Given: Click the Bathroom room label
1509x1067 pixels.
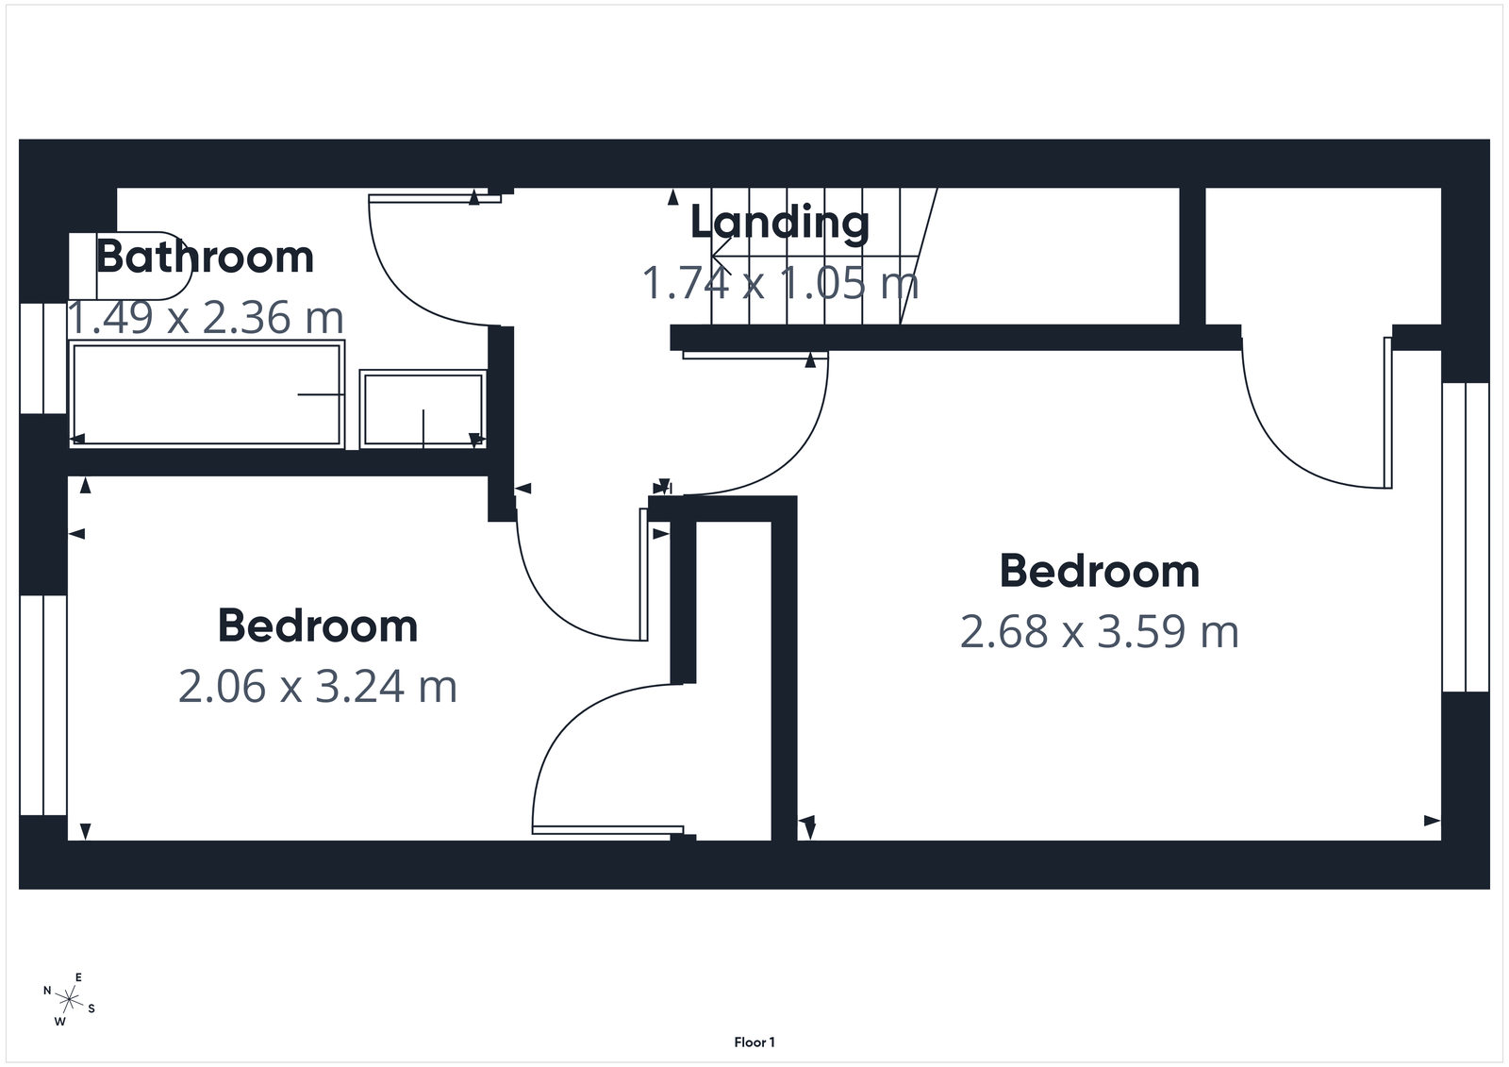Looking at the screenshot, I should pos(205,258).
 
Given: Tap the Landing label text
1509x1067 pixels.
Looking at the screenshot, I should pos(779,223).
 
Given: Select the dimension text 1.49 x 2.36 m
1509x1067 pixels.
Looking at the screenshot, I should pos(205,318).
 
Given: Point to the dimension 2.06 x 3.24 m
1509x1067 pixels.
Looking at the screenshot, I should pos(318,687).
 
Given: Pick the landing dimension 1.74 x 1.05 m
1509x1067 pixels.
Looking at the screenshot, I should pos(779,282).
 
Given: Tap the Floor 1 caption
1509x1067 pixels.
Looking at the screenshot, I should pos(754,1042).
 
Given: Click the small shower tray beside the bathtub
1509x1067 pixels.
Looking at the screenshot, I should pos(423,408).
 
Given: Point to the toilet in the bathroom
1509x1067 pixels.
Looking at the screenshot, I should pos(132,265).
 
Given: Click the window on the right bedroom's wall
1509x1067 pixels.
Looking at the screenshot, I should pos(1466,537).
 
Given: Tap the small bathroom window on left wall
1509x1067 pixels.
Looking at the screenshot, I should pos(43,358).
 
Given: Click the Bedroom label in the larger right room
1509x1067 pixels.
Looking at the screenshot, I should pos(1099,572).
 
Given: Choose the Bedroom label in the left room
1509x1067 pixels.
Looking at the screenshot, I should pos(318,626).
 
